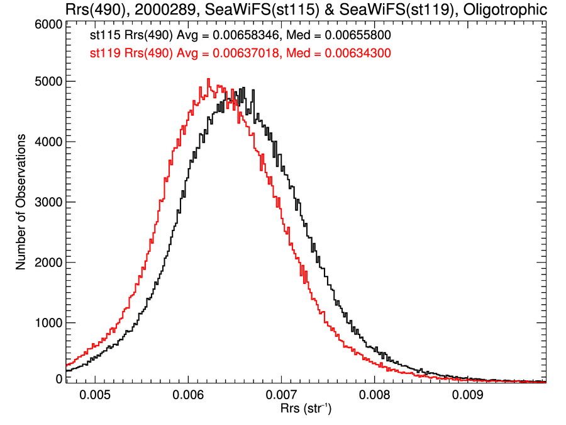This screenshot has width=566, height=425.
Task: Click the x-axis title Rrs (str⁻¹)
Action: (x=306, y=409)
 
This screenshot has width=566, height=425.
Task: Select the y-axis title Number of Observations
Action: (x=21, y=202)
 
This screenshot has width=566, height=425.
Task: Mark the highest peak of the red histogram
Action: (x=208, y=79)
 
